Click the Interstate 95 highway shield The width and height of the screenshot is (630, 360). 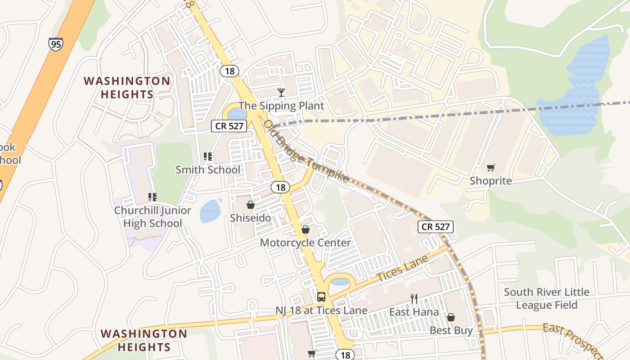point(56,44)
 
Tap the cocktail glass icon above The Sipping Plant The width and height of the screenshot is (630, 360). point(281,93)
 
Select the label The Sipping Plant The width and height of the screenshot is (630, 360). point(281,106)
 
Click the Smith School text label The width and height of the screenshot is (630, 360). point(208,170)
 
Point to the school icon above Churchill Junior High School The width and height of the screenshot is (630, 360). point(152,197)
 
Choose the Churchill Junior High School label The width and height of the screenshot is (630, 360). point(152,217)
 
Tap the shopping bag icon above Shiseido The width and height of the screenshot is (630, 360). point(251,205)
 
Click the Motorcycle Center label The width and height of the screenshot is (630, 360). point(305,243)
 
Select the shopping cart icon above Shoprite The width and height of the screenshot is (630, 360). point(490,168)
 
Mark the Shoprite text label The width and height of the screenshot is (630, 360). point(490,181)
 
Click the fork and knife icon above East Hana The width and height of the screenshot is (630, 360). point(414,298)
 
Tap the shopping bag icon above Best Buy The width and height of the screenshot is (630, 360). point(451,317)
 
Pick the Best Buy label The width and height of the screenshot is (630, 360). point(451,331)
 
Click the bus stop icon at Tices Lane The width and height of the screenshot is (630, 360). point(321,297)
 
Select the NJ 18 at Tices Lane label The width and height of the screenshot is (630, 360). point(321,310)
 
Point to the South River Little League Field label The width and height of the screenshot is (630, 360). point(546,298)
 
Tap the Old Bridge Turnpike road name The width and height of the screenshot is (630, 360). point(306,151)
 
